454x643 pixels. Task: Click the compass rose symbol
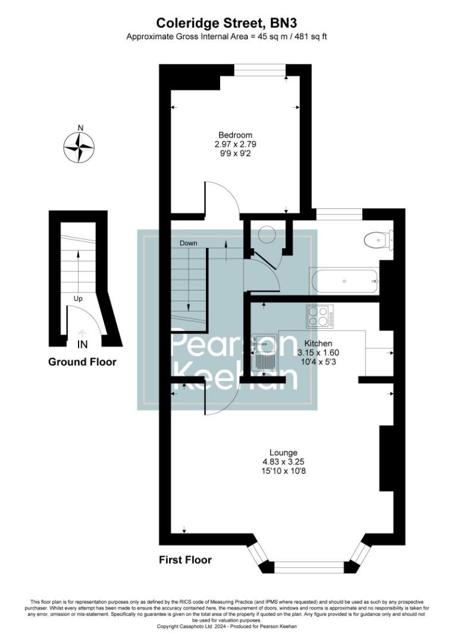click(79, 146)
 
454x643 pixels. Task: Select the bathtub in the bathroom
click(344, 280)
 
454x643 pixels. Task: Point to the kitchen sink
click(261, 352)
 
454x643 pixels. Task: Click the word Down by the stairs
click(188, 243)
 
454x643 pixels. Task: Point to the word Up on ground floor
click(78, 298)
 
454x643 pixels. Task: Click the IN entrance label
click(82, 345)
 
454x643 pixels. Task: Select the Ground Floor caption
click(82, 362)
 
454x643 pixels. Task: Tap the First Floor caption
click(185, 560)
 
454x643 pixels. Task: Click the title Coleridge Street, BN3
click(226, 23)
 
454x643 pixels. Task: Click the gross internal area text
click(226, 36)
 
